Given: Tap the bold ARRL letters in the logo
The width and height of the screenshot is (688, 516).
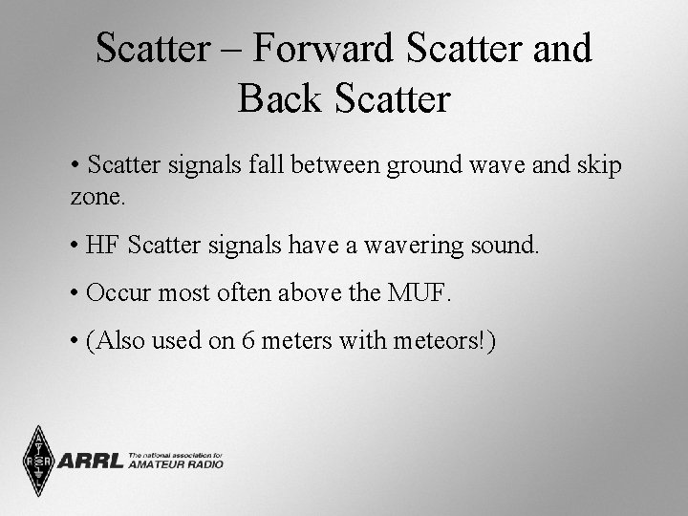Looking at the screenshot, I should click(91, 462).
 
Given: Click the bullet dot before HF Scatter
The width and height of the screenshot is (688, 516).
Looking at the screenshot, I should click(75, 247).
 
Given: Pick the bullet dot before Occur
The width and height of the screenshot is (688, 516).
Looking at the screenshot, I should click(75, 292).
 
